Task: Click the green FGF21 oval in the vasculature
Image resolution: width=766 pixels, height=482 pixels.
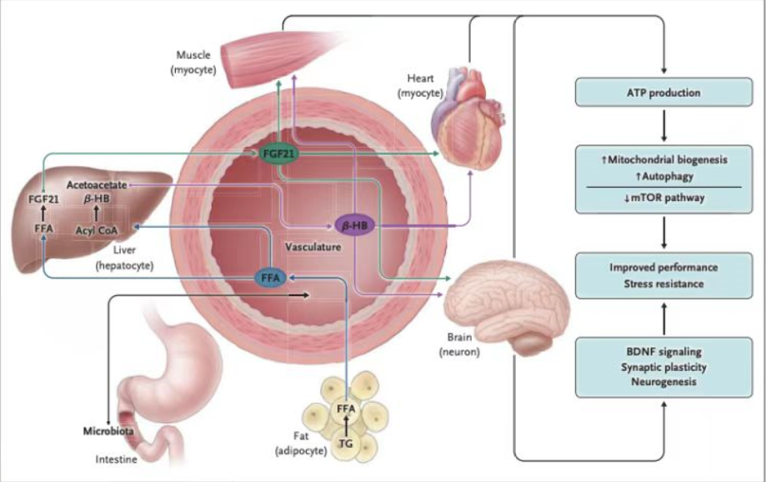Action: (279, 154)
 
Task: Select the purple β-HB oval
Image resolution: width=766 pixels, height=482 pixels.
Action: (355, 225)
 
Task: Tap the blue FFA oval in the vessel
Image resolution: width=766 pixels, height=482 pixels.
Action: (270, 278)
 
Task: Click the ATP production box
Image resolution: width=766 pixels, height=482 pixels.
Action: (663, 93)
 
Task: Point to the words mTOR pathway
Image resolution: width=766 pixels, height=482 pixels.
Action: (668, 198)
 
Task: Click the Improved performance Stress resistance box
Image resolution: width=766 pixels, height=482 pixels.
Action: (663, 276)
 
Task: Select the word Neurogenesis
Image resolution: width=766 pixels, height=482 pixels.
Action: (663, 382)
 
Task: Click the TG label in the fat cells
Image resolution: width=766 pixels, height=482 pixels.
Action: (346, 444)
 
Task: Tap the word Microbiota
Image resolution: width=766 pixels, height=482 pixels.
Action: (108, 431)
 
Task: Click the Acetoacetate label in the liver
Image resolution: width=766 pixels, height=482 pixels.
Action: (97, 185)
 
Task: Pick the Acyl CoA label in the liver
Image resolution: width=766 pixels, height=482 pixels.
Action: (96, 230)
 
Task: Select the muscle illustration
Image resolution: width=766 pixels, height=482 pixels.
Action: (278, 58)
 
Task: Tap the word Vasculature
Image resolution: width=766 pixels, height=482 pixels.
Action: (313, 247)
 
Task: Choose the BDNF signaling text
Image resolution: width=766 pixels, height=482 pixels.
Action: (663, 352)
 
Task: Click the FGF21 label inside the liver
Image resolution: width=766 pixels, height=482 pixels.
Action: (43, 199)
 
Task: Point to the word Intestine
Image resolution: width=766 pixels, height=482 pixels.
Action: (116, 459)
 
